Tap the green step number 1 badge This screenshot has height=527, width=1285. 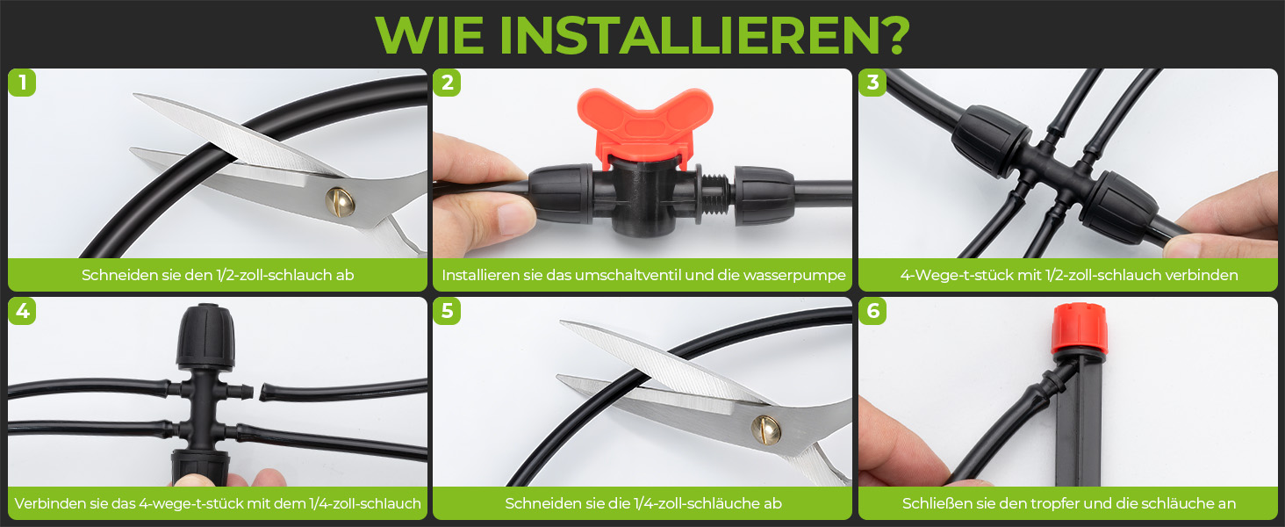click(x=22, y=83)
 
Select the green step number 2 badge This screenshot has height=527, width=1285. click(x=447, y=83)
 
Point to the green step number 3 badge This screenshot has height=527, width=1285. click(x=872, y=83)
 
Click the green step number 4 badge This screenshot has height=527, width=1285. click(x=22, y=311)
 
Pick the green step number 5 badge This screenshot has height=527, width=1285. click(x=447, y=311)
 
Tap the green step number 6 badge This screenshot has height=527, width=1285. click(x=872, y=311)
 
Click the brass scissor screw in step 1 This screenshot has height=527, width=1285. click(x=340, y=201)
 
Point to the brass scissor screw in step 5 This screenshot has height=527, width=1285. click(x=766, y=430)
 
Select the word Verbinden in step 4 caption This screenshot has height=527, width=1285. click(x=49, y=503)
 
